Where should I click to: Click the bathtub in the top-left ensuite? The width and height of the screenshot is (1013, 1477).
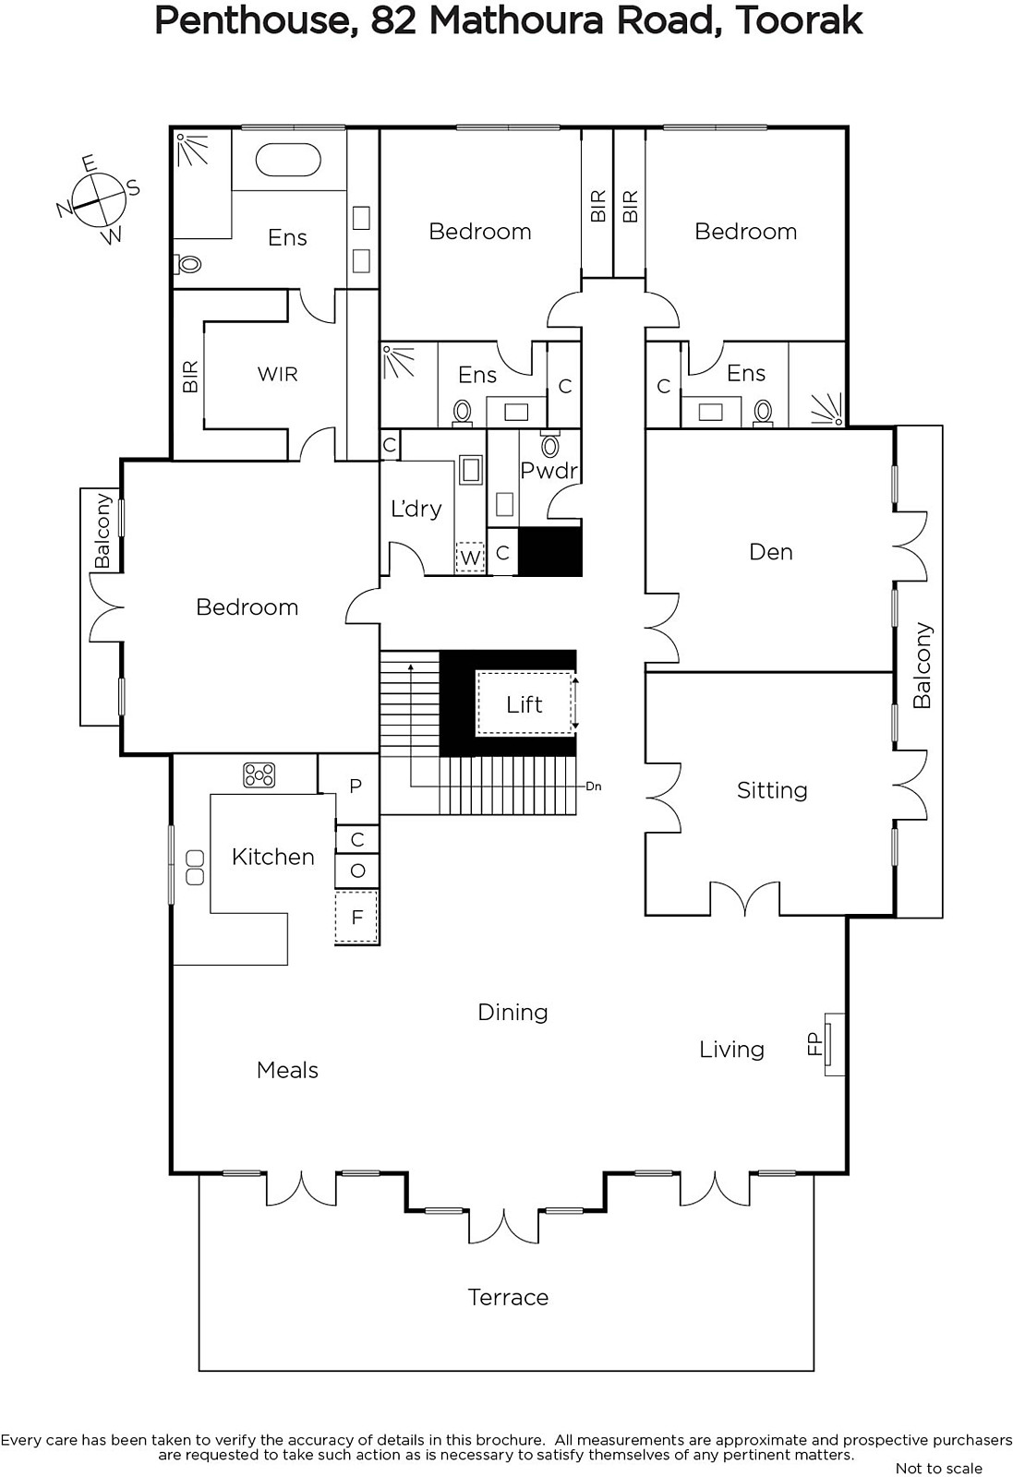[x=287, y=161]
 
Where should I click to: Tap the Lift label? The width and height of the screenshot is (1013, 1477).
[x=525, y=704]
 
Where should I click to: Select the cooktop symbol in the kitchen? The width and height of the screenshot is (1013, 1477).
[x=259, y=775]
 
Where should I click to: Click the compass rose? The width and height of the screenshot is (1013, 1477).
[x=99, y=199]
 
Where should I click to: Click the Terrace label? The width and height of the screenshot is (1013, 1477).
[x=508, y=1297]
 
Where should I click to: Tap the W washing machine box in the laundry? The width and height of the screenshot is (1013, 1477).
[x=470, y=558]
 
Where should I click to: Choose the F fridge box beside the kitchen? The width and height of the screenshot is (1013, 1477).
[x=356, y=917]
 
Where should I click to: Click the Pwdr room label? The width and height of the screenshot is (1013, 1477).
[x=549, y=470]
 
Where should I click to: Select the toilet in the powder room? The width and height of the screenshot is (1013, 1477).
[x=549, y=444]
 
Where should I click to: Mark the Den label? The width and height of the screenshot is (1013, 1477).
[x=770, y=551]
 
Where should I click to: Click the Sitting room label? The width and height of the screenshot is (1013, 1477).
[x=772, y=790]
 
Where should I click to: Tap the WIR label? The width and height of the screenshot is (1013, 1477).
[x=278, y=374]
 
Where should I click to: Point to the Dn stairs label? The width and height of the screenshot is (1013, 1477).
[x=594, y=786]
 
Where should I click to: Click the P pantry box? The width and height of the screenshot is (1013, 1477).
[x=356, y=786]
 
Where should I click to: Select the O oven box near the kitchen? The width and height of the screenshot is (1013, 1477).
[x=357, y=871]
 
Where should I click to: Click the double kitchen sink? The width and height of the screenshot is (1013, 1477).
[x=195, y=867]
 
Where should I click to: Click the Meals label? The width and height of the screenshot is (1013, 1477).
[x=287, y=1070]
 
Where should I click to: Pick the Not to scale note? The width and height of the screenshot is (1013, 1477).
[x=938, y=1468]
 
